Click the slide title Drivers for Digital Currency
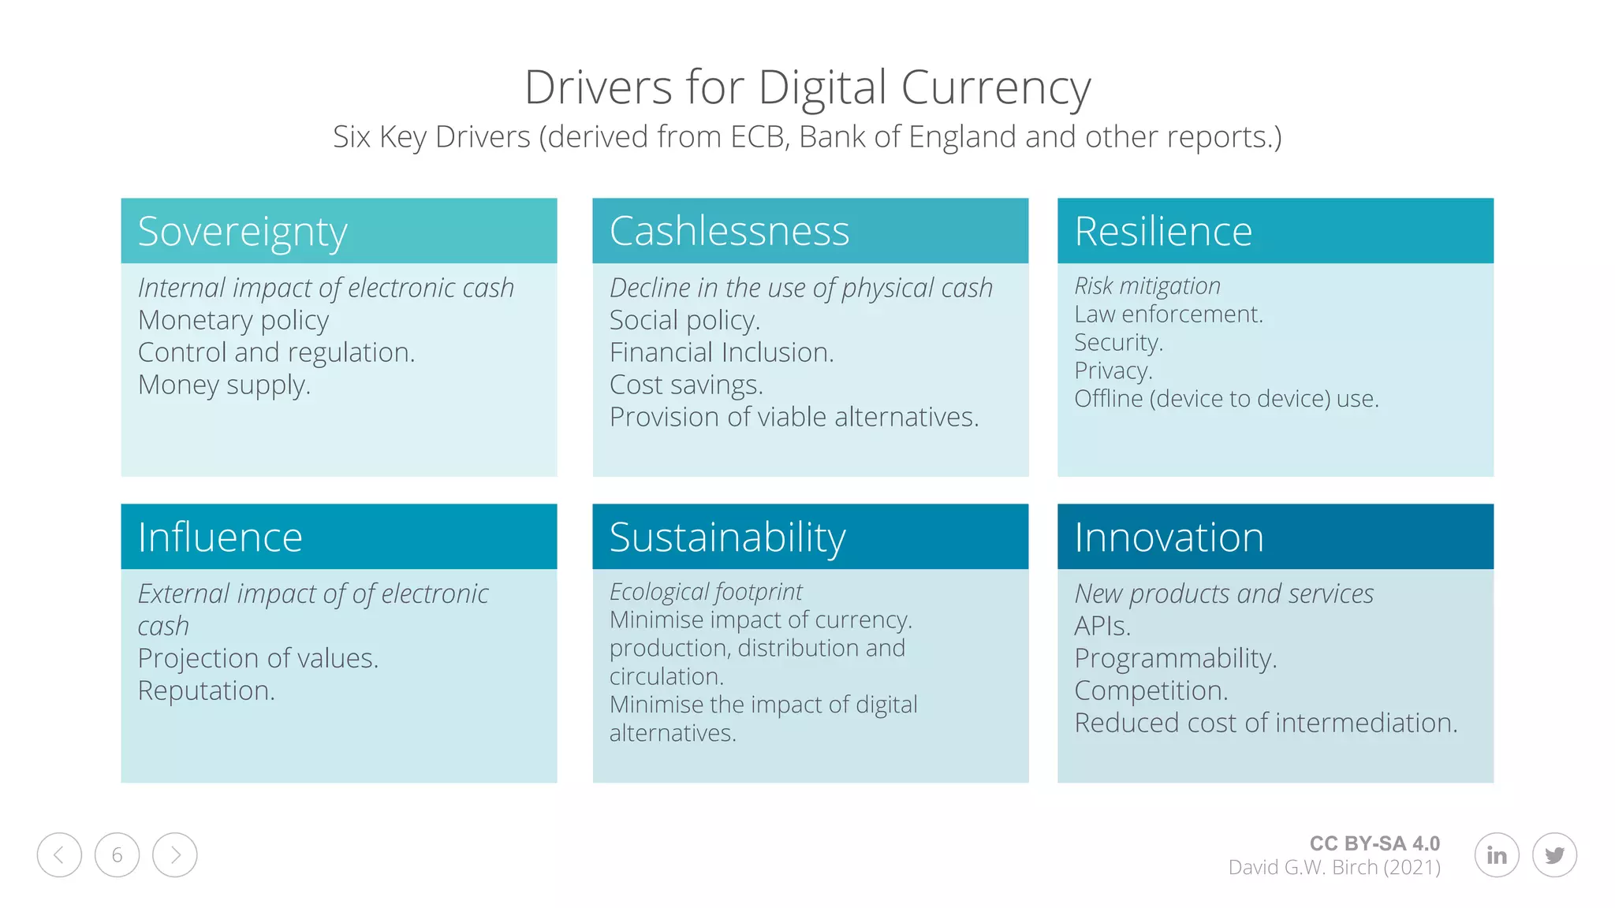(x=807, y=87)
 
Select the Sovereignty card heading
(x=242, y=232)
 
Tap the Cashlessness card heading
(x=729, y=232)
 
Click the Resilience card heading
(x=1162, y=232)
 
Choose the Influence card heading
(x=220, y=538)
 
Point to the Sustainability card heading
(x=727, y=538)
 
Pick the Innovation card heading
(x=1169, y=538)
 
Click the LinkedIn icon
(x=1496, y=855)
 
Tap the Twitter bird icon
(x=1554, y=855)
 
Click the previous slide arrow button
(x=59, y=855)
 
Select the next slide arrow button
(x=175, y=855)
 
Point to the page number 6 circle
(x=117, y=855)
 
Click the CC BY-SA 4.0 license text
(x=1374, y=843)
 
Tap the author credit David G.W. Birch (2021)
(x=1334, y=868)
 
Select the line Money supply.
(x=224, y=385)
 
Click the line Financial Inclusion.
(x=722, y=353)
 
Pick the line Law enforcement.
(x=1168, y=314)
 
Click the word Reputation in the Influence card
(x=206, y=691)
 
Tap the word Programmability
(x=1175, y=659)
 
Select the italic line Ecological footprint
(x=706, y=592)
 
